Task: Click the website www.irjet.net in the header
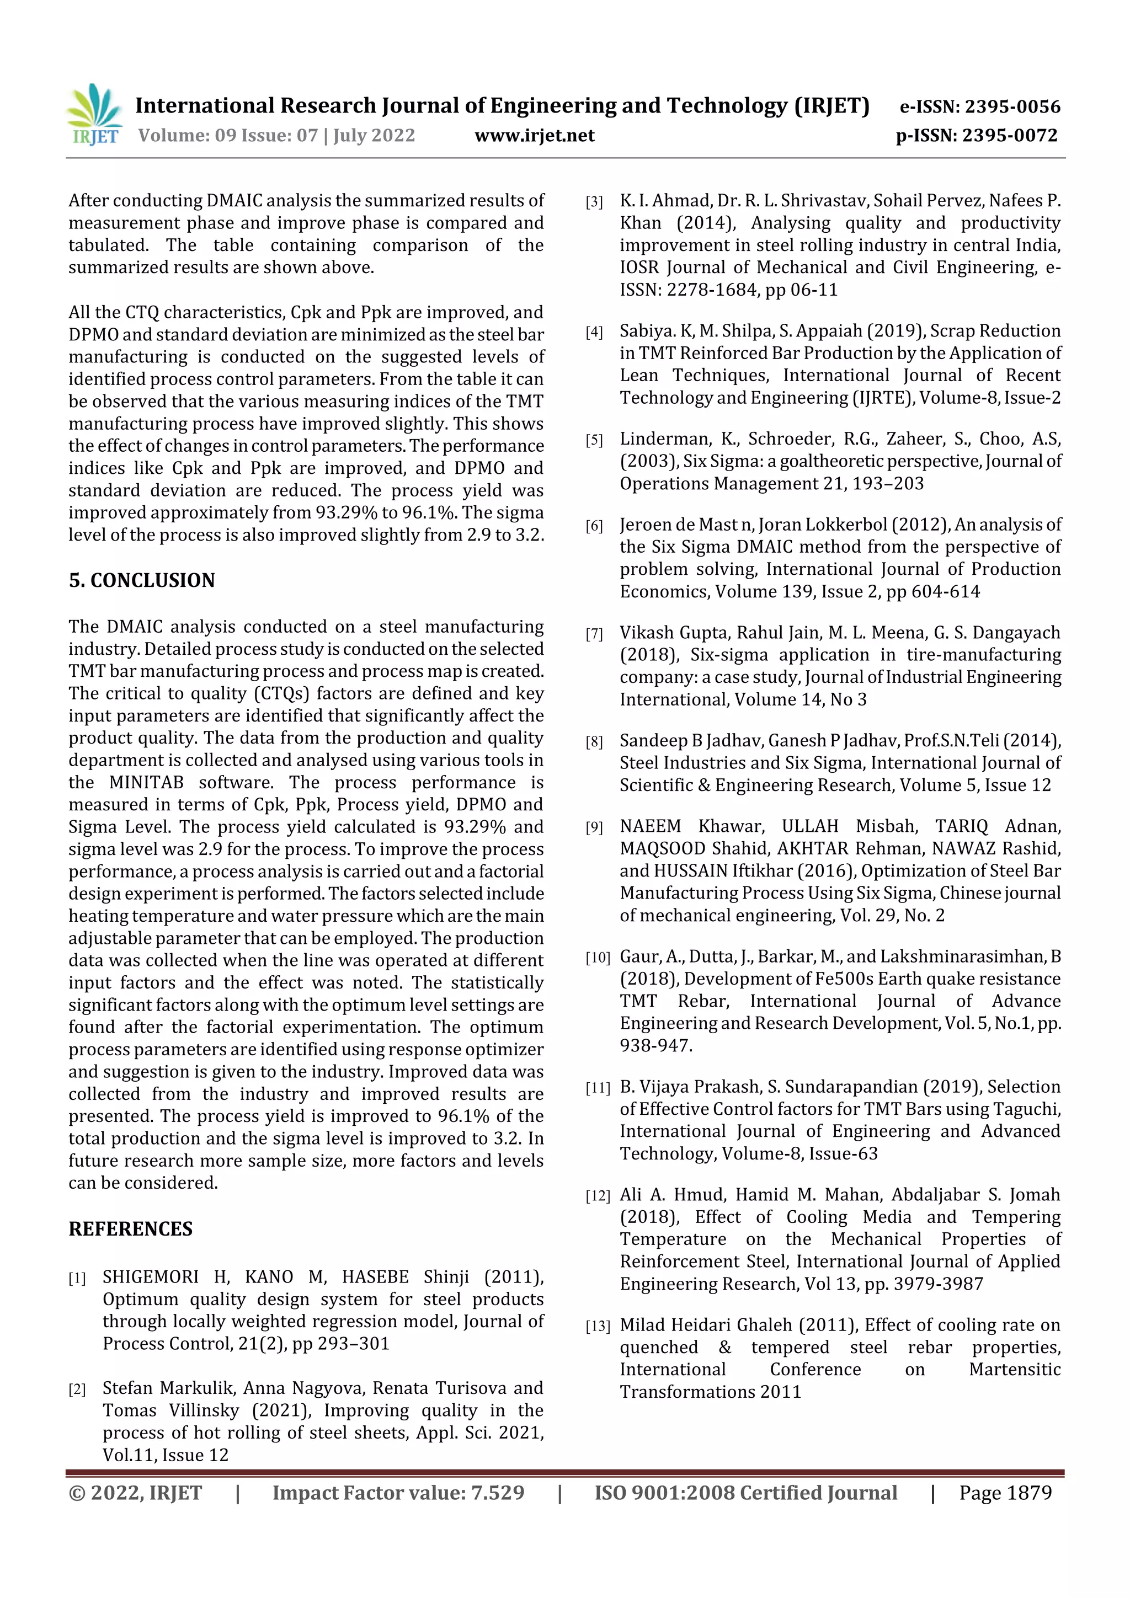(534, 135)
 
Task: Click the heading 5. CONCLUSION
(141, 580)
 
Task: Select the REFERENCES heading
(130, 1228)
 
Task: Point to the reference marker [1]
(77, 1278)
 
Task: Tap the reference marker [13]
(598, 1327)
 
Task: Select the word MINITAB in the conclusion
(146, 782)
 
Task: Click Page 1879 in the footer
(1005, 1492)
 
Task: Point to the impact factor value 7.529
(497, 1492)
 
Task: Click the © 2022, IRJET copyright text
(135, 1492)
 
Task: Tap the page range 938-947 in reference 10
(655, 1045)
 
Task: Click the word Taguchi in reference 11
(1026, 1109)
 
